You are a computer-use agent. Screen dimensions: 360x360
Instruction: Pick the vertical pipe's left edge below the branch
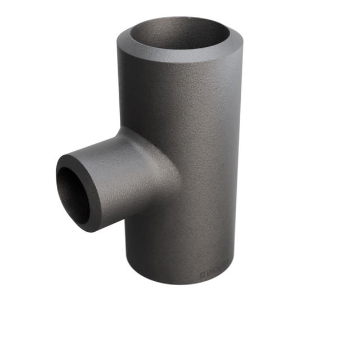[123, 242]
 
